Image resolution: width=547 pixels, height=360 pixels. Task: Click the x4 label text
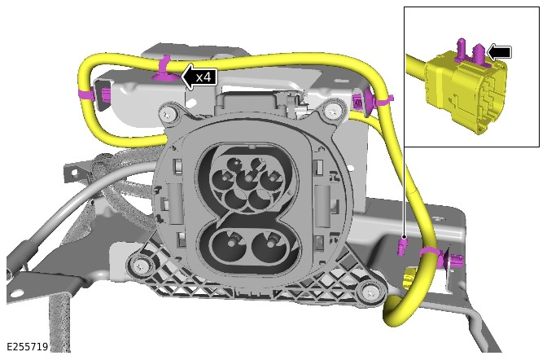(203, 77)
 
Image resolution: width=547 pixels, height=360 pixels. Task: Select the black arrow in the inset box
(499, 52)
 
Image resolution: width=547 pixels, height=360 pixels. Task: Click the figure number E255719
(28, 347)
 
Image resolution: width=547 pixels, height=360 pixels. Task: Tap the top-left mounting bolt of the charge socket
(169, 112)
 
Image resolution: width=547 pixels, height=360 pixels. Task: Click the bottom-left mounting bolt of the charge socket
(140, 266)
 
